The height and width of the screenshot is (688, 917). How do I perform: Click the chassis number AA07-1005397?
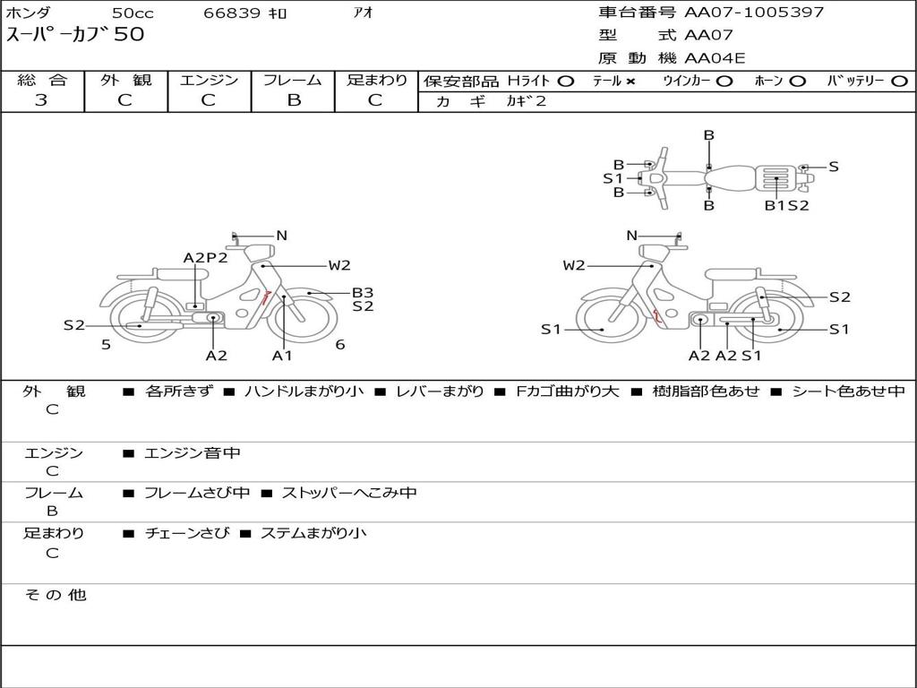pos(754,12)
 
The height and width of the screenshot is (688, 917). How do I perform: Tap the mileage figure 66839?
pos(232,13)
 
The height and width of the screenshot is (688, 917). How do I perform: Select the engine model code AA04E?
pos(715,58)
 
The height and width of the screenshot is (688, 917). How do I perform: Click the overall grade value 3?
pos(41,99)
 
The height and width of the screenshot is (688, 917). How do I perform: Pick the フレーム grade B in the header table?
pos(294,100)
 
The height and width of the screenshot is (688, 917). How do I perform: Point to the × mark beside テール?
pos(630,82)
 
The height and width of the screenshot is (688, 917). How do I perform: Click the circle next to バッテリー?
pos(900,82)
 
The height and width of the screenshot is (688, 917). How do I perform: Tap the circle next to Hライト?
pos(566,82)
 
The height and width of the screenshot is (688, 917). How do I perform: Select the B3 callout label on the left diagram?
pos(363,293)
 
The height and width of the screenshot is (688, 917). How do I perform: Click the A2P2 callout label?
pos(205,257)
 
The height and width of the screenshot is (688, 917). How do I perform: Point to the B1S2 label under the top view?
pos(787,205)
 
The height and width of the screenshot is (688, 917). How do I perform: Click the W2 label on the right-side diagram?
pos(574,265)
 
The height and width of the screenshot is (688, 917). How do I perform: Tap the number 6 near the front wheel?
pos(340,345)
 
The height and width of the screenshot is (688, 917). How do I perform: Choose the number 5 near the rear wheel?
pos(106,345)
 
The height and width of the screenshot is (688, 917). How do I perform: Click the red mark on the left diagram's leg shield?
pos(265,297)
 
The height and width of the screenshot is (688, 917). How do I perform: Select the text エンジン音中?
pos(193,452)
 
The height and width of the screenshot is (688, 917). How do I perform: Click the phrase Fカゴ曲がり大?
pos(567,391)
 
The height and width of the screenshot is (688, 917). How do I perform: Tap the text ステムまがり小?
pos(313,533)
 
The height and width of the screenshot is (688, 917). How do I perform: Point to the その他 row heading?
pos(55,595)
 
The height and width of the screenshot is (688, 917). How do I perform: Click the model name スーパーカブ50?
pos(75,34)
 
